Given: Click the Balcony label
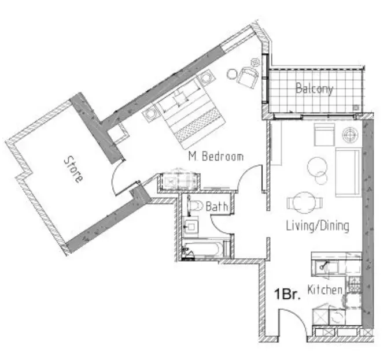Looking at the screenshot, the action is tap(314, 89).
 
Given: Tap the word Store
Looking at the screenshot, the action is tap(73, 169).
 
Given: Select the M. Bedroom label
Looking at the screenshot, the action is tap(216, 157).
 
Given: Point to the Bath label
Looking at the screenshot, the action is tap(217, 206).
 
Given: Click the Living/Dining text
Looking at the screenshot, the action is tap(318, 226).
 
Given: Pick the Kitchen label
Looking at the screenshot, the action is tap(324, 290).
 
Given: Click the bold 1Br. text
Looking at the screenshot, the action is tap(287, 294).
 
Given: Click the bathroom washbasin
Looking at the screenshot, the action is tap(190, 226).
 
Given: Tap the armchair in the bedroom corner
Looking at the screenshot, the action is tap(248, 76).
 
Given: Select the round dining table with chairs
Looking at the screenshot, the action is tap(305, 203).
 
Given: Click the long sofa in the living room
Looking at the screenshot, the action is tap(348, 172).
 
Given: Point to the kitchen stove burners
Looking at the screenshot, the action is tap(355, 285).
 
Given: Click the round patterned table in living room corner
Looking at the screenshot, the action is tap(351, 135).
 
